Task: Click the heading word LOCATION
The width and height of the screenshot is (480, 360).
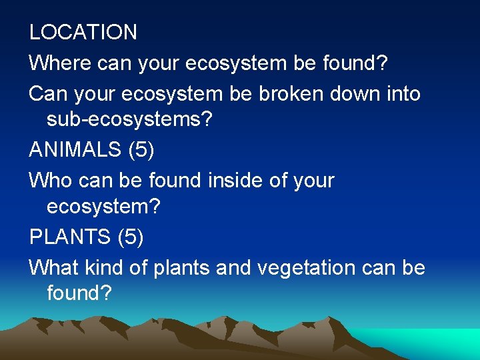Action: (83, 32)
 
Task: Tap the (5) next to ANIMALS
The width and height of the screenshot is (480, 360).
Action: (141, 149)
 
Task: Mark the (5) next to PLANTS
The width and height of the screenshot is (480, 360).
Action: (131, 237)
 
